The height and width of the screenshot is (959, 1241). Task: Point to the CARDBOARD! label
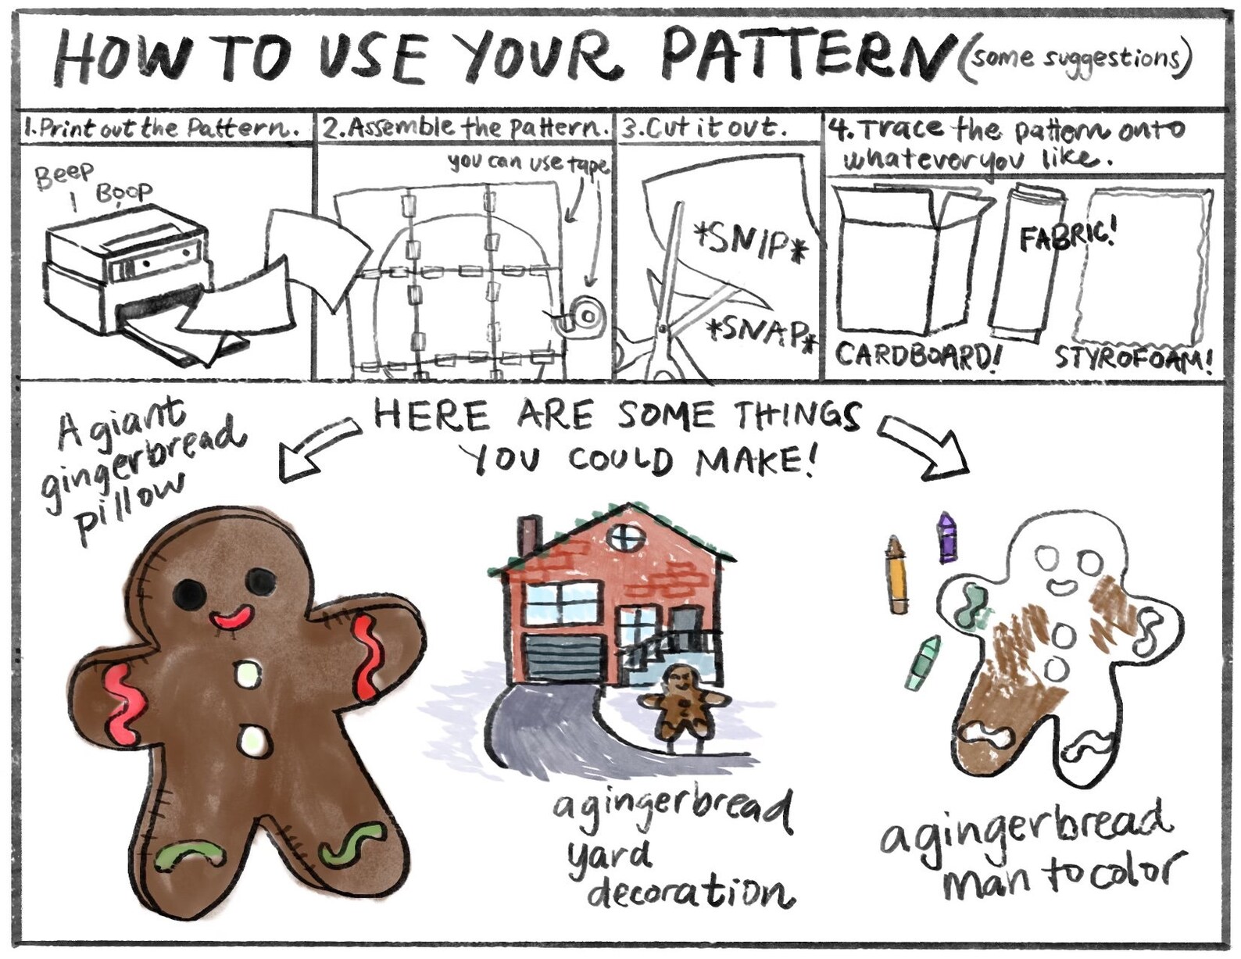pyautogui.click(x=918, y=356)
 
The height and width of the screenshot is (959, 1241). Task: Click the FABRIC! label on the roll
pyautogui.click(x=1067, y=232)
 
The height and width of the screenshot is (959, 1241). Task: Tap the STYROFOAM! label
pyautogui.click(x=1133, y=359)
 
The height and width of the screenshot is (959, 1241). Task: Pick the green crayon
pyautogui.click(x=922, y=663)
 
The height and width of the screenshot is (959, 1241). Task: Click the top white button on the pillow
pyautogui.click(x=247, y=674)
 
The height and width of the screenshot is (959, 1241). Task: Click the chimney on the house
pyautogui.click(x=529, y=535)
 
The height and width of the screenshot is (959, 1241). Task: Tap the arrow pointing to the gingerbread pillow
pyautogui.click(x=317, y=449)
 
